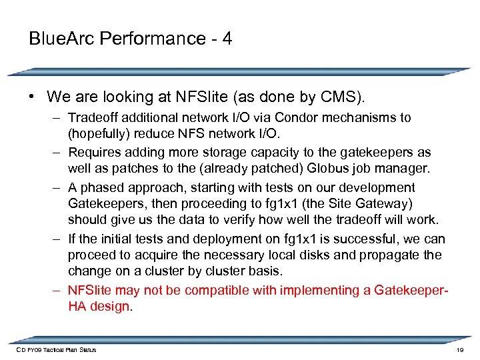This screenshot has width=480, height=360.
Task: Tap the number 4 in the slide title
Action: click(x=227, y=39)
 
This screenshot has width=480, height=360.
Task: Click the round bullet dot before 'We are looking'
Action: click(x=32, y=97)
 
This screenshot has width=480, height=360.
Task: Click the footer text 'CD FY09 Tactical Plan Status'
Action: click(x=57, y=350)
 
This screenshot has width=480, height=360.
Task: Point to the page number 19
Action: click(x=459, y=350)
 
